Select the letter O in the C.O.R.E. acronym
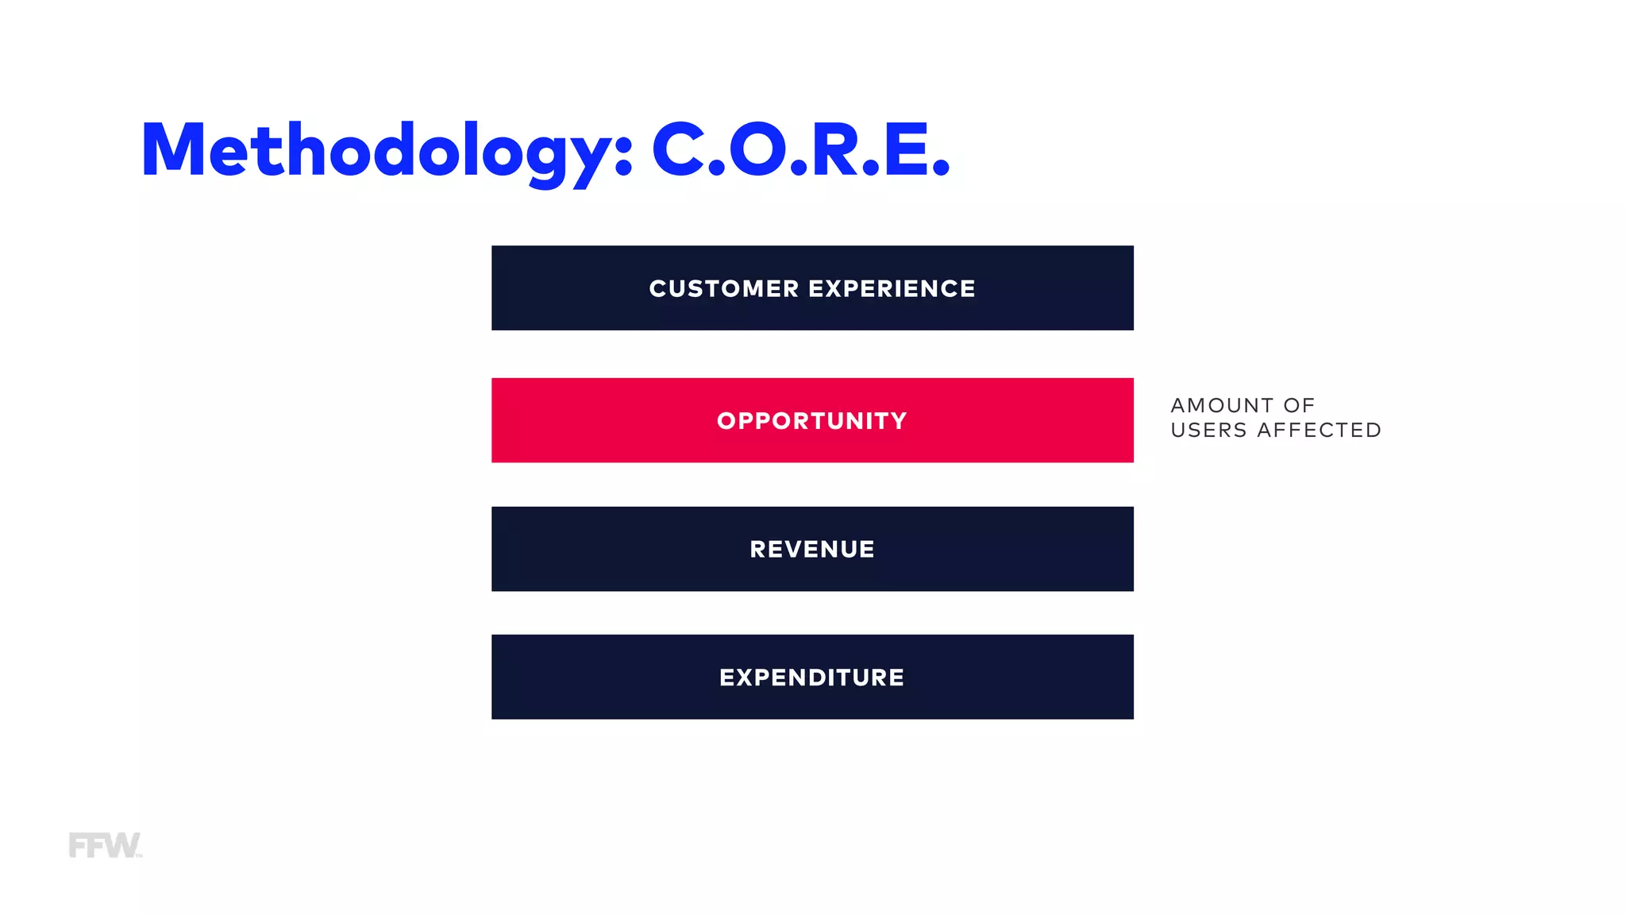click(757, 149)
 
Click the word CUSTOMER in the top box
click(723, 288)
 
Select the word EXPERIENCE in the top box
click(892, 288)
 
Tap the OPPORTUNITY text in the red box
click(811, 421)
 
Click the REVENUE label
click(811, 550)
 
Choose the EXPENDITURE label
click(811, 678)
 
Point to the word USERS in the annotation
click(1208, 430)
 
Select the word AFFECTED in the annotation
click(1319, 430)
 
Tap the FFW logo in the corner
click(104, 845)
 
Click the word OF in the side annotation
click(1299, 406)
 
